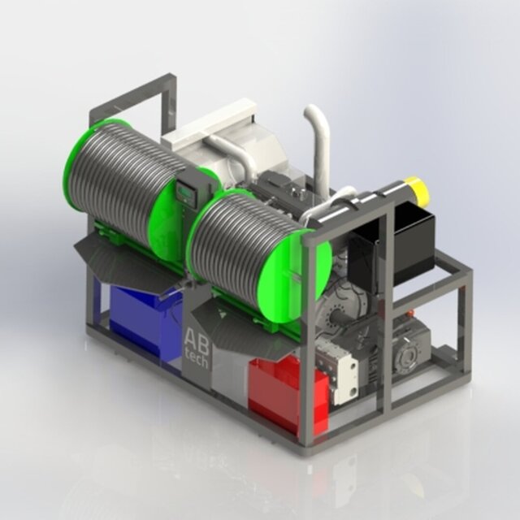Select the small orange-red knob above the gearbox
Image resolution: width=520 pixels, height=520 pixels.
412,314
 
